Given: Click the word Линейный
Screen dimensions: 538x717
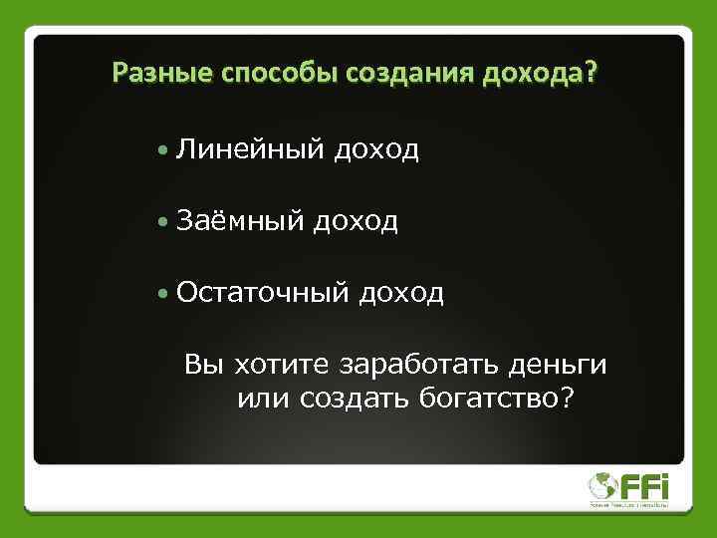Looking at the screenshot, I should pos(250,149).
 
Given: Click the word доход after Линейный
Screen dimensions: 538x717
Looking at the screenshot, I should pos(376,150).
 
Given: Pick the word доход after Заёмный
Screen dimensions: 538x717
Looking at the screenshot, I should pos(356,222).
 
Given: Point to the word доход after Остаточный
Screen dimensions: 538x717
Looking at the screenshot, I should pos(401,294).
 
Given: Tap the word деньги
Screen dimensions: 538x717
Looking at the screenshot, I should pos(557,365).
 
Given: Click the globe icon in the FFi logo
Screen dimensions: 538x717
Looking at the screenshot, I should pos(602,487).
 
